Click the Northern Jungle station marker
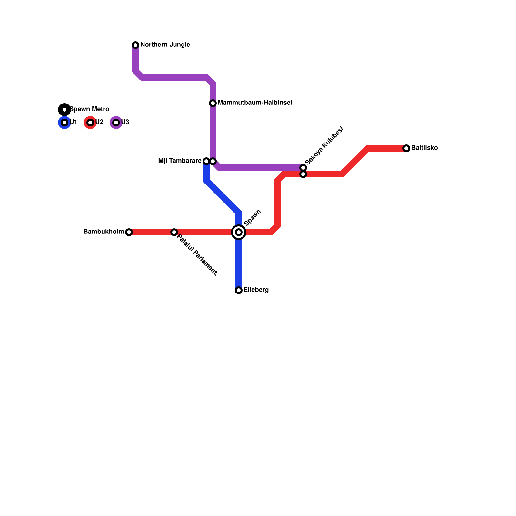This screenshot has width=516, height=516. (135, 45)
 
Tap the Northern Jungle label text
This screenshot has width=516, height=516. (165, 45)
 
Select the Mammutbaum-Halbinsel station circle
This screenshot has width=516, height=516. (213, 103)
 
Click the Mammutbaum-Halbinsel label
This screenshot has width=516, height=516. (255, 103)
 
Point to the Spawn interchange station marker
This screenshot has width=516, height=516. (239, 232)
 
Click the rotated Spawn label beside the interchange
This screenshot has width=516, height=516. (252, 218)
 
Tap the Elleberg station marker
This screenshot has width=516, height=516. (239, 290)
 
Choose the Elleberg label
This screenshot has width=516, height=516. (256, 290)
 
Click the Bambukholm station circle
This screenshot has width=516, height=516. (129, 232)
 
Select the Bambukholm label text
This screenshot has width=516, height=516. (104, 232)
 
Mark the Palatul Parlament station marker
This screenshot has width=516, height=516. (174, 232)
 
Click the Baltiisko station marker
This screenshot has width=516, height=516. (406, 148)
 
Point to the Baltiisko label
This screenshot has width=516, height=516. (424, 148)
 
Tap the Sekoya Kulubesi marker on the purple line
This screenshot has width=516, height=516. (303, 168)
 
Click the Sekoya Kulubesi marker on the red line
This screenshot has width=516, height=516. (303, 174)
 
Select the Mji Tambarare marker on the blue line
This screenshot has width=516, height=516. (206, 161)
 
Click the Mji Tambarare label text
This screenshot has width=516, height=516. (180, 161)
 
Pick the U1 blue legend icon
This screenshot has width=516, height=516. (64, 123)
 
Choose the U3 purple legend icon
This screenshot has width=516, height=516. (116, 123)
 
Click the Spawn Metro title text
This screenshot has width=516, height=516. (90, 109)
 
